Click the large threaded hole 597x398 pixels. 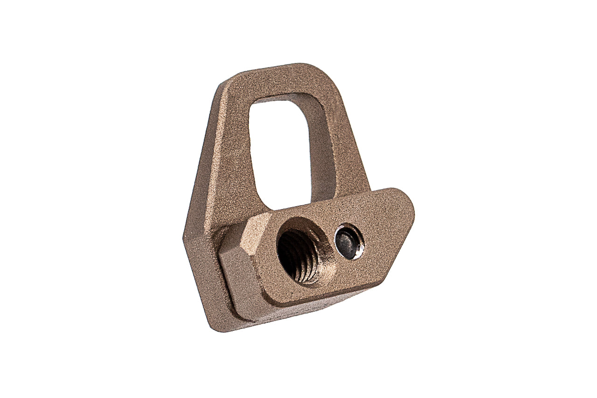pyautogui.click(x=298, y=256)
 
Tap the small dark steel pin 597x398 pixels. pyautogui.click(x=348, y=242)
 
